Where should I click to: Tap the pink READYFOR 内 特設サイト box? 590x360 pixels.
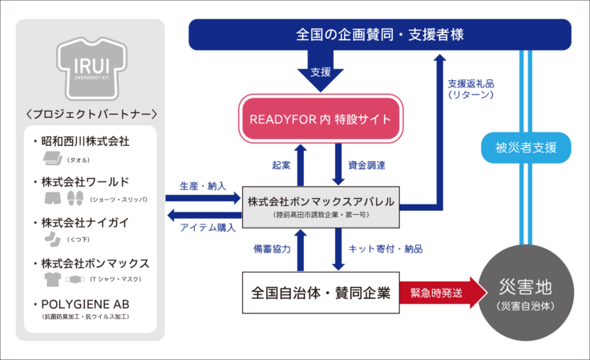point(320,120)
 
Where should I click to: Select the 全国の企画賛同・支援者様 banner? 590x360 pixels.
point(379,35)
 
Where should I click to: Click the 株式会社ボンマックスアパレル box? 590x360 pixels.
point(320,207)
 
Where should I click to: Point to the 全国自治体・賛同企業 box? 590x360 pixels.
point(320,293)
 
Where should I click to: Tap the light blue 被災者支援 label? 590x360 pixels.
point(526,148)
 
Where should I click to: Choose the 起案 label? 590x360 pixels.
point(281,165)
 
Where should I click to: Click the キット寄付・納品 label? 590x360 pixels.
point(385,249)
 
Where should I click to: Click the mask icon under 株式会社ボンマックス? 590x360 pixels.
point(75,278)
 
